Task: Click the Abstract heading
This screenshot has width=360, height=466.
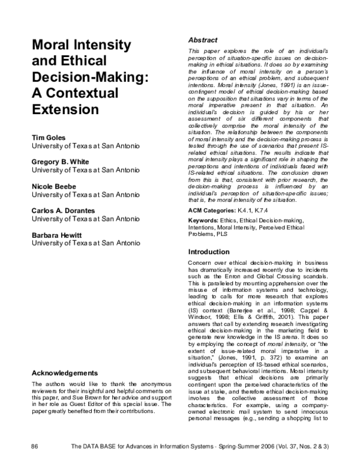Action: [203, 40]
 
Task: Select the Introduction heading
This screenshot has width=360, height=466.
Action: [209, 252]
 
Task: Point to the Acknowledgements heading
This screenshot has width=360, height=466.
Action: [64, 373]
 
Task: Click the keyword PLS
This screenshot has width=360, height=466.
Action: [222, 235]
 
